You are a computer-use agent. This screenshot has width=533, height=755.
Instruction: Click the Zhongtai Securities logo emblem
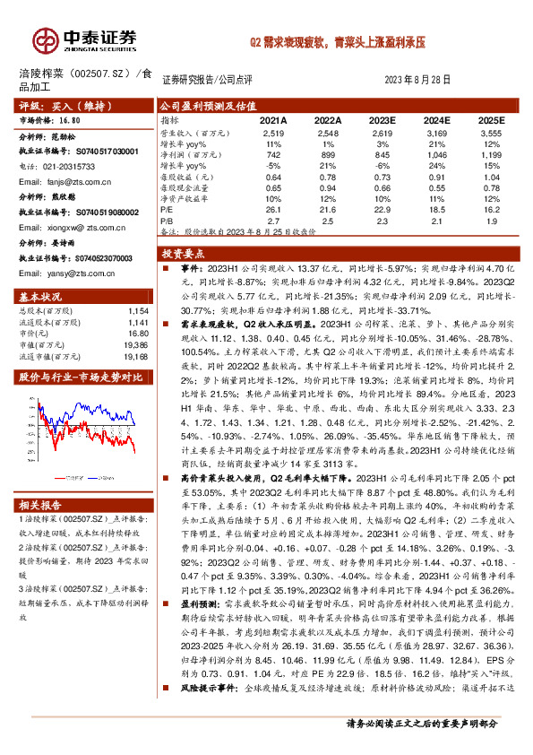[43, 39]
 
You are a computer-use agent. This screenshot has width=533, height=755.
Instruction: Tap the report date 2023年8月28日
[418, 79]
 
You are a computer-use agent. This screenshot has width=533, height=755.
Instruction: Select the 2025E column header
[491, 119]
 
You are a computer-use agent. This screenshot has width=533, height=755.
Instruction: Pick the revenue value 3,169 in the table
[436, 132]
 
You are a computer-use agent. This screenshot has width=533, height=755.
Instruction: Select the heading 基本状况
[40, 296]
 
